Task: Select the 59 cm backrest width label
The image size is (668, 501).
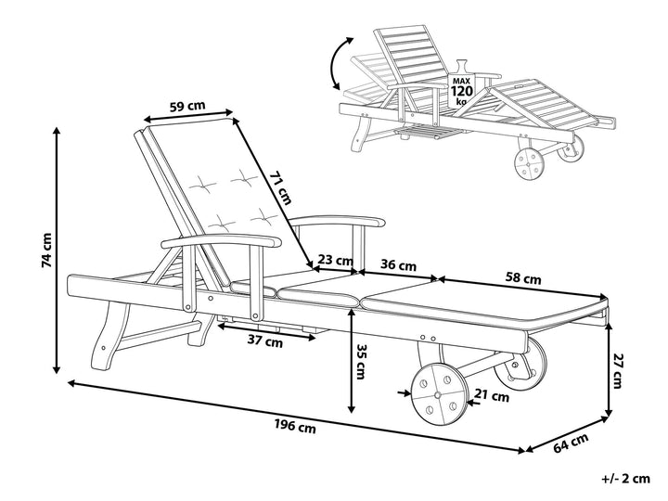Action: click(x=188, y=106)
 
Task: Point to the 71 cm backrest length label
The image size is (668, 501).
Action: click(x=281, y=186)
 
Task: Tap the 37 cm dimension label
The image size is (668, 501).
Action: click(x=267, y=340)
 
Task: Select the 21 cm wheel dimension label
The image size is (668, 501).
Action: click(x=492, y=396)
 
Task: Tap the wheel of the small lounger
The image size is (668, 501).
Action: click(x=533, y=166)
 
